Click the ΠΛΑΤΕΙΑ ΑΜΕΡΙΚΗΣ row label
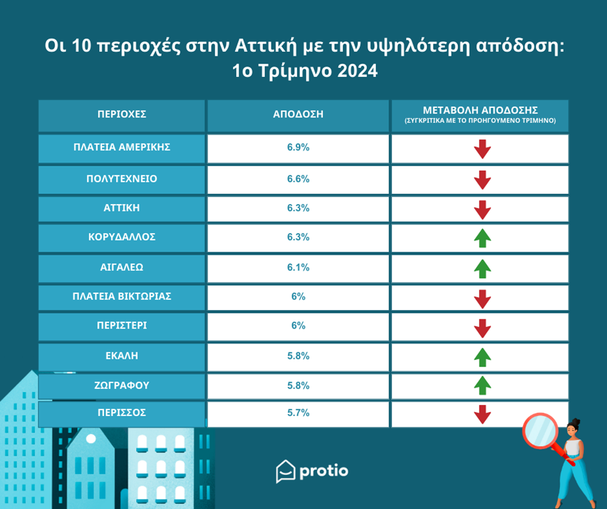pyautogui.click(x=122, y=147)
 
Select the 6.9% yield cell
pyautogui.click(x=298, y=148)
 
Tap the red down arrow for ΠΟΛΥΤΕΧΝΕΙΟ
pyautogui.click(x=482, y=180)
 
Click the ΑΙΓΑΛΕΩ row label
pyautogui.click(x=122, y=266)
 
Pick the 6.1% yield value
pyautogui.click(x=298, y=266)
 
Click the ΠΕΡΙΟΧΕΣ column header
pyautogui.click(x=122, y=115)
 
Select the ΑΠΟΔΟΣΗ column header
pyautogui.click(x=298, y=115)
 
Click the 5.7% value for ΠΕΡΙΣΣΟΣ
pyautogui.click(x=298, y=413)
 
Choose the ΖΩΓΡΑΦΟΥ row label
pyautogui.click(x=122, y=386)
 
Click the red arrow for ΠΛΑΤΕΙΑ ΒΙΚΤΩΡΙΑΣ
pyautogui.click(x=482, y=298)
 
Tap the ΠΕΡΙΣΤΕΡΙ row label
pyautogui.click(x=122, y=325)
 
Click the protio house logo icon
pyautogui.click(x=285, y=471)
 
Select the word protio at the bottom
pyautogui.click(x=324, y=471)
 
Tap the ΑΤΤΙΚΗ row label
pyautogui.click(x=122, y=208)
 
